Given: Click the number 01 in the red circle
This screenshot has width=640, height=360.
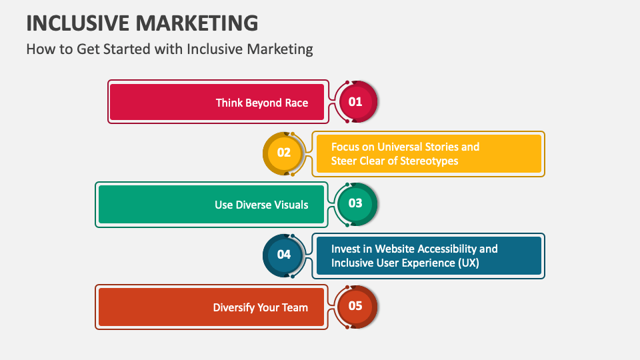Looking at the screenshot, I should coord(355,102).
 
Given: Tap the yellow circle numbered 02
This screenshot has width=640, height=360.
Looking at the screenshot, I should coord(284,153).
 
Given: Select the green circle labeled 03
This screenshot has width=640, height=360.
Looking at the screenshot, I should coord(355,203).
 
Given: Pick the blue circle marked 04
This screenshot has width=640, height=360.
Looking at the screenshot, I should coord(284,254).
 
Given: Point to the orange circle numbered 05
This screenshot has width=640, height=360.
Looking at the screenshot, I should coord(355,306).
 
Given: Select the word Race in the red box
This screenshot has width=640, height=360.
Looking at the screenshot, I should coord(296,103).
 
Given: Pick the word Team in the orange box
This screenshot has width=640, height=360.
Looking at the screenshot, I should coord(295,307).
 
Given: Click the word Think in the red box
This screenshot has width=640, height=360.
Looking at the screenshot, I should coord(229,103).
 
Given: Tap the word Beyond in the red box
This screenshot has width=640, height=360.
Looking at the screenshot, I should coord(264,103).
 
